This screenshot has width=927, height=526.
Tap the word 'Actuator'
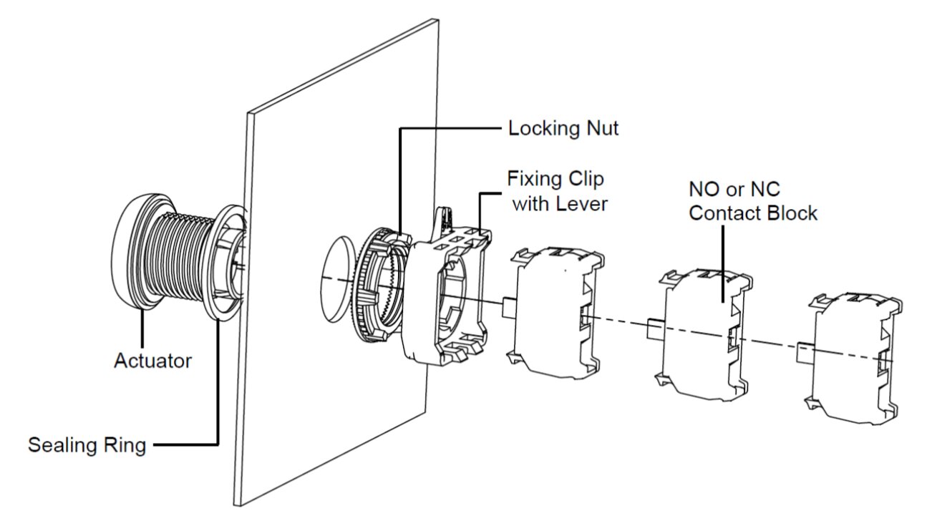pyautogui.click(x=152, y=361)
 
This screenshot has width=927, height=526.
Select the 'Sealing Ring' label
pyautogui.click(x=87, y=445)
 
